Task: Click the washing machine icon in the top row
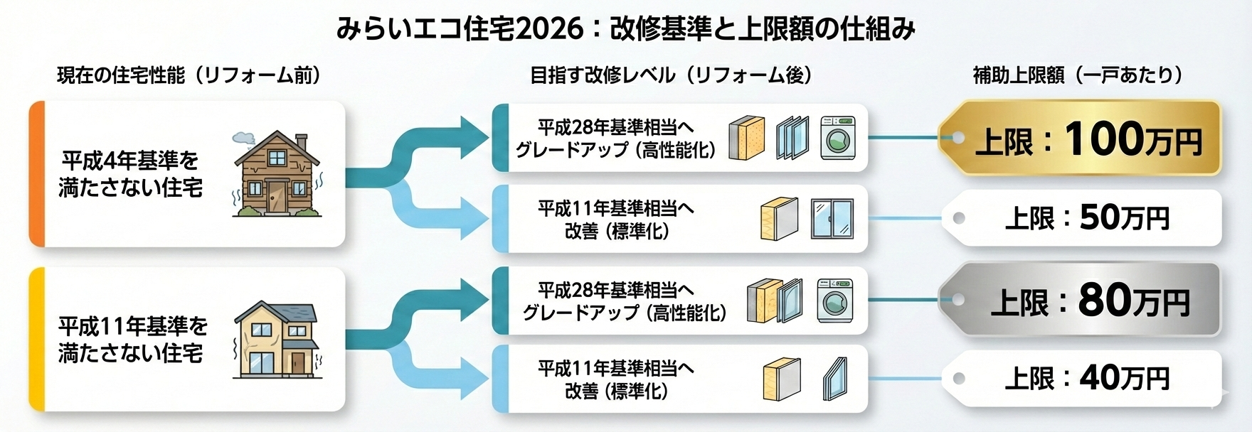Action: [x=837, y=138]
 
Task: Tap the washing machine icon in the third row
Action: [x=835, y=299]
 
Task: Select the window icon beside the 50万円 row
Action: [x=832, y=219]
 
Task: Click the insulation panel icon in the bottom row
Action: [x=781, y=379]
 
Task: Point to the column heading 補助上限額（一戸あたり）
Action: [x=1078, y=75]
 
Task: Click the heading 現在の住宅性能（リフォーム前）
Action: [x=189, y=75]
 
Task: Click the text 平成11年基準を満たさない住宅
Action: [x=132, y=340]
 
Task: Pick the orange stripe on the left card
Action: [x=36, y=174]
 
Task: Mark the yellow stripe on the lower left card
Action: [x=36, y=340]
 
